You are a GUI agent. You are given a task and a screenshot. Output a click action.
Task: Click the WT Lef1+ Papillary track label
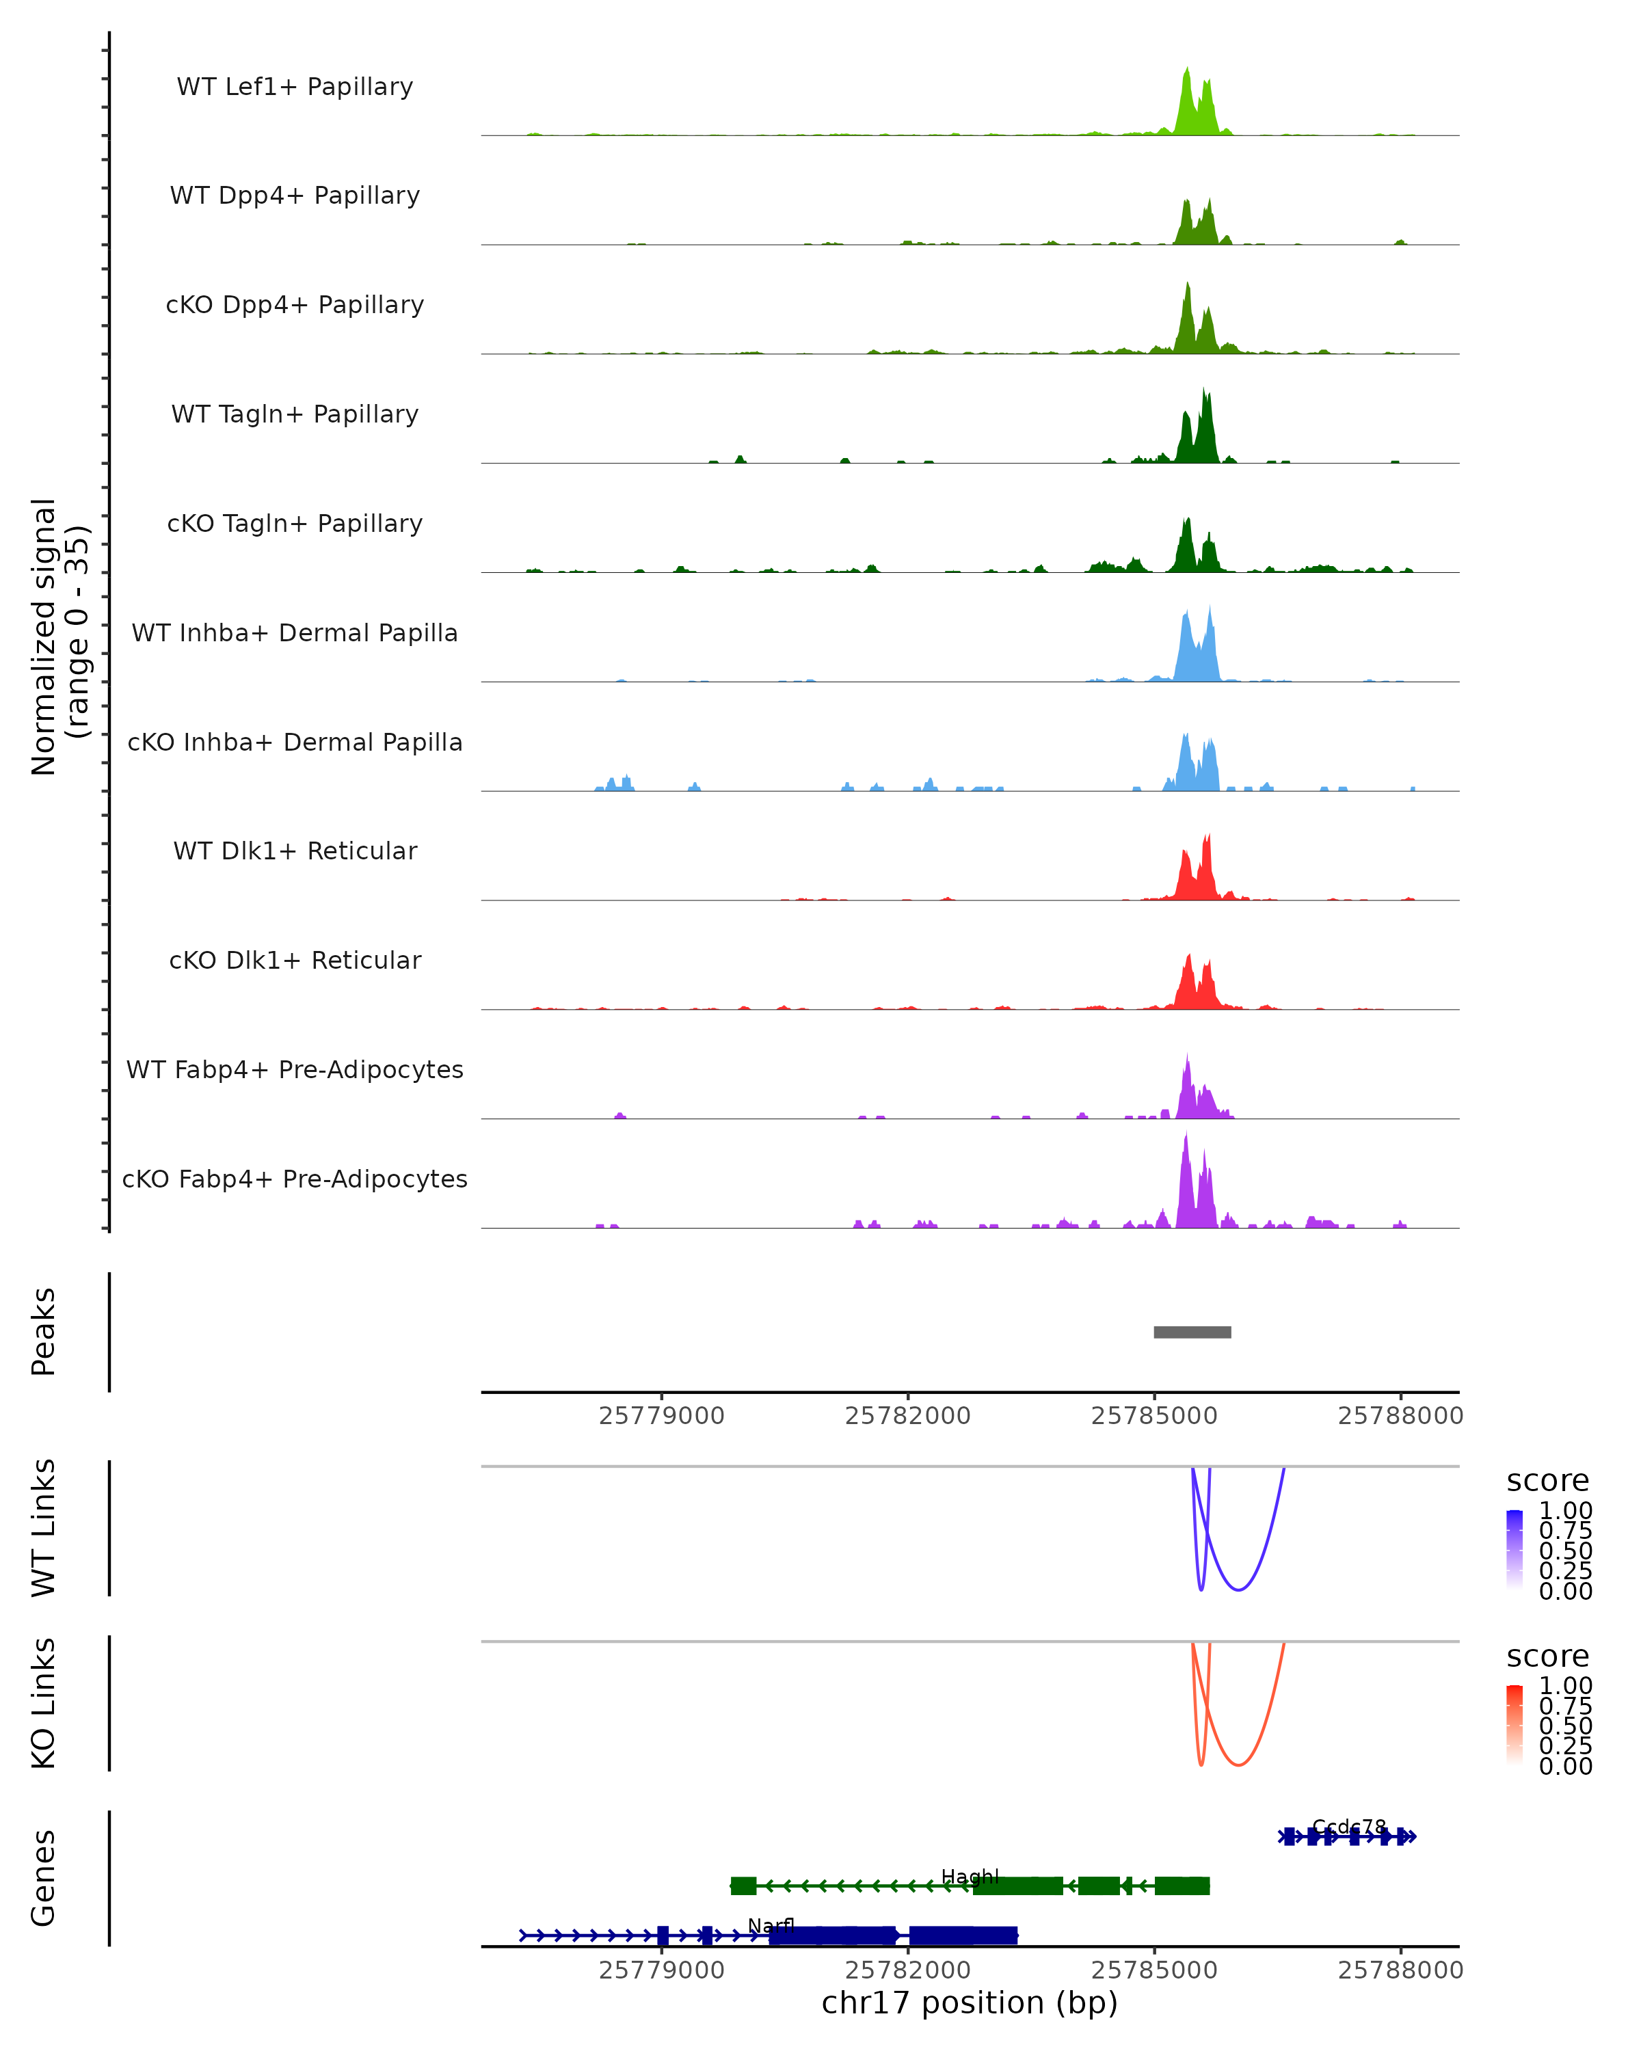tap(295, 87)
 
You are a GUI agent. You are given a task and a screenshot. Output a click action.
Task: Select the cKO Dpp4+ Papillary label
tap(295, 304)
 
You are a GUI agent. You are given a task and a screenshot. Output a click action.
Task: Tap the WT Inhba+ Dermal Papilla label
tap(295, 632)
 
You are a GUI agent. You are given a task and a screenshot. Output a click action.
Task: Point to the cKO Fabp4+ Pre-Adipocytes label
tap(295, 1179)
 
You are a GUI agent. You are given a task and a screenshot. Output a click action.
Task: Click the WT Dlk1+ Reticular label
tap(295, 850)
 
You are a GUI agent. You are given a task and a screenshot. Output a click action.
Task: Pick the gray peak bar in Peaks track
tap(1192, 1332)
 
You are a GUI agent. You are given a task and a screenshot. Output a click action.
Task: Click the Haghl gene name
tap(970, 1876)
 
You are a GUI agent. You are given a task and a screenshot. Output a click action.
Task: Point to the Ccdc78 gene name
tap(1349, 1827)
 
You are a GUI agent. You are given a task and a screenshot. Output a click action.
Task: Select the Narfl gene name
tap(771, 1925)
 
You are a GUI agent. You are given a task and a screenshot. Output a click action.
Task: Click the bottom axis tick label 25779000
tap(661, 1970)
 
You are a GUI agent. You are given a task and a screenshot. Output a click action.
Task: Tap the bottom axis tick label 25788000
tap(1400, 1970)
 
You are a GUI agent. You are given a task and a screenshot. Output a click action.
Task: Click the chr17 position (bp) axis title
tap(970, 2002)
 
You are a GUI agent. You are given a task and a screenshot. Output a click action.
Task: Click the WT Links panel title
tap(44, 1528)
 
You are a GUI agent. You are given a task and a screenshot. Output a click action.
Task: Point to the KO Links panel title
tap(44, 1703)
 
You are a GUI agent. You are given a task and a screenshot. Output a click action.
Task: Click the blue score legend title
tap(1548, 1480)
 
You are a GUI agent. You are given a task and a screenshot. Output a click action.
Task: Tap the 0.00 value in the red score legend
tap(1565, 1767)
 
